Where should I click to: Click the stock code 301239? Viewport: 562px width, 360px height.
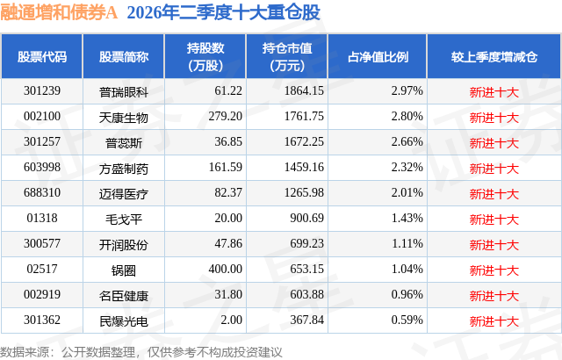coord(42,90)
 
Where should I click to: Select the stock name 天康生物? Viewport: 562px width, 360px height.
coord(124,118)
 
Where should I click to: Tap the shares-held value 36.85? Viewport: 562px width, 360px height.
coord(228,141)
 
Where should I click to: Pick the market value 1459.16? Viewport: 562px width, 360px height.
coord(304,167)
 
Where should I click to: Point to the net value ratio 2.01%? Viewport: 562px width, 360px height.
coord(407,192)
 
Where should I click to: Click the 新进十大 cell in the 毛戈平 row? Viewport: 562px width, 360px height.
coord(494,220)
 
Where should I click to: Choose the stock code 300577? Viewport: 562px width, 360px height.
coord(42,243)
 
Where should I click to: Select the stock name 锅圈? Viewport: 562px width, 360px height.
coord(124,270)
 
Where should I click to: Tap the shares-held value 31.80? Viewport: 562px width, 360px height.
coord(228,294)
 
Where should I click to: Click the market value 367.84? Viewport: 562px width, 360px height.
coord(306,320)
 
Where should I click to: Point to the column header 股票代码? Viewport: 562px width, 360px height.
coord(42,56)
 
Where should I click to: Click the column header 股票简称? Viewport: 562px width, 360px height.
coord(124,56)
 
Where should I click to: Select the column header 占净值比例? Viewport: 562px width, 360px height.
coord(378,56)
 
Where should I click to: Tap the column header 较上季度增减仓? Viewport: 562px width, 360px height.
coord(494,56)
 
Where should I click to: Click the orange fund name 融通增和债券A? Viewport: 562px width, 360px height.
coord(59,12)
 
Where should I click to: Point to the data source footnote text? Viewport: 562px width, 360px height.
coord(141,352)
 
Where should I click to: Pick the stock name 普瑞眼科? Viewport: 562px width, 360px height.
coord(124,92)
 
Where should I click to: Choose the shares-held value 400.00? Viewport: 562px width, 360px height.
coord(226,269)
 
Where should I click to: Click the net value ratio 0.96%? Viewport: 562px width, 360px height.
coord(407,294)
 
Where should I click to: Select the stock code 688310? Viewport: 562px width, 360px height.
coord(42,192)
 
